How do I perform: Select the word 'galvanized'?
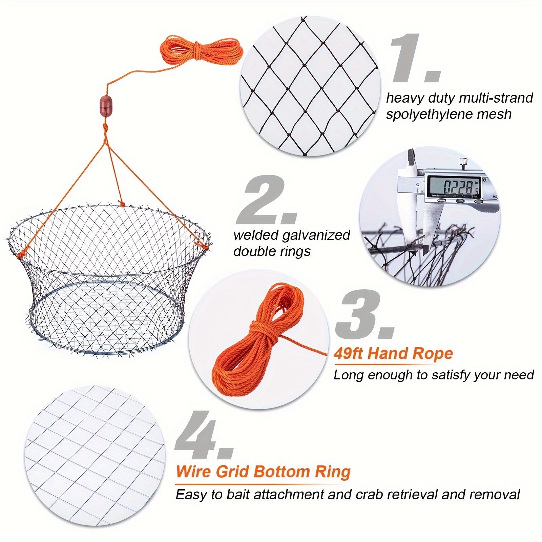315,235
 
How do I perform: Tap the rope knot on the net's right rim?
206,245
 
